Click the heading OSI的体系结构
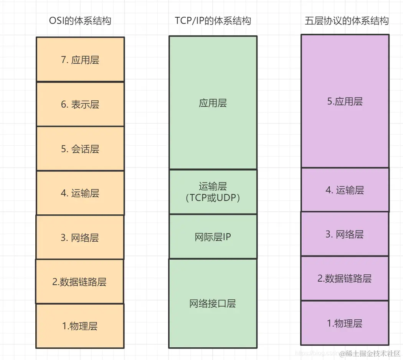click(x=80, y=20)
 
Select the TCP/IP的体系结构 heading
click(x=213, y=20)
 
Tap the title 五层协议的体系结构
click(x=347, y=20)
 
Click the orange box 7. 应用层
click(x=80, y=60)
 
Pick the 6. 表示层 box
click(x=80, y=104)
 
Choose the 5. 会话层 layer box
click(x=80, y=149)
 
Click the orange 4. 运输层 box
click(x=80, y=193)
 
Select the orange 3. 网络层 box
click(x=80, y=237)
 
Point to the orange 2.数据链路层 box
click(x=79, y=282)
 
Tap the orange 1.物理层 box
click(x=80, y=326)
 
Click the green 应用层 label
click(x=213, y=103)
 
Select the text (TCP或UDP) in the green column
click(x=213, y=197)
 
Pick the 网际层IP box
click(x=213, y=237)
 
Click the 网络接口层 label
click(x=213, y=304)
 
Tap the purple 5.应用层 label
click(x=345, y=101)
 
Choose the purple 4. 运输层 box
click(x=345, y=190)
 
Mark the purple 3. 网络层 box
click(x=345, y=234)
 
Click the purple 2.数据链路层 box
click(x=345, y=278)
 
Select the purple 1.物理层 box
click(x=345, y=323)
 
